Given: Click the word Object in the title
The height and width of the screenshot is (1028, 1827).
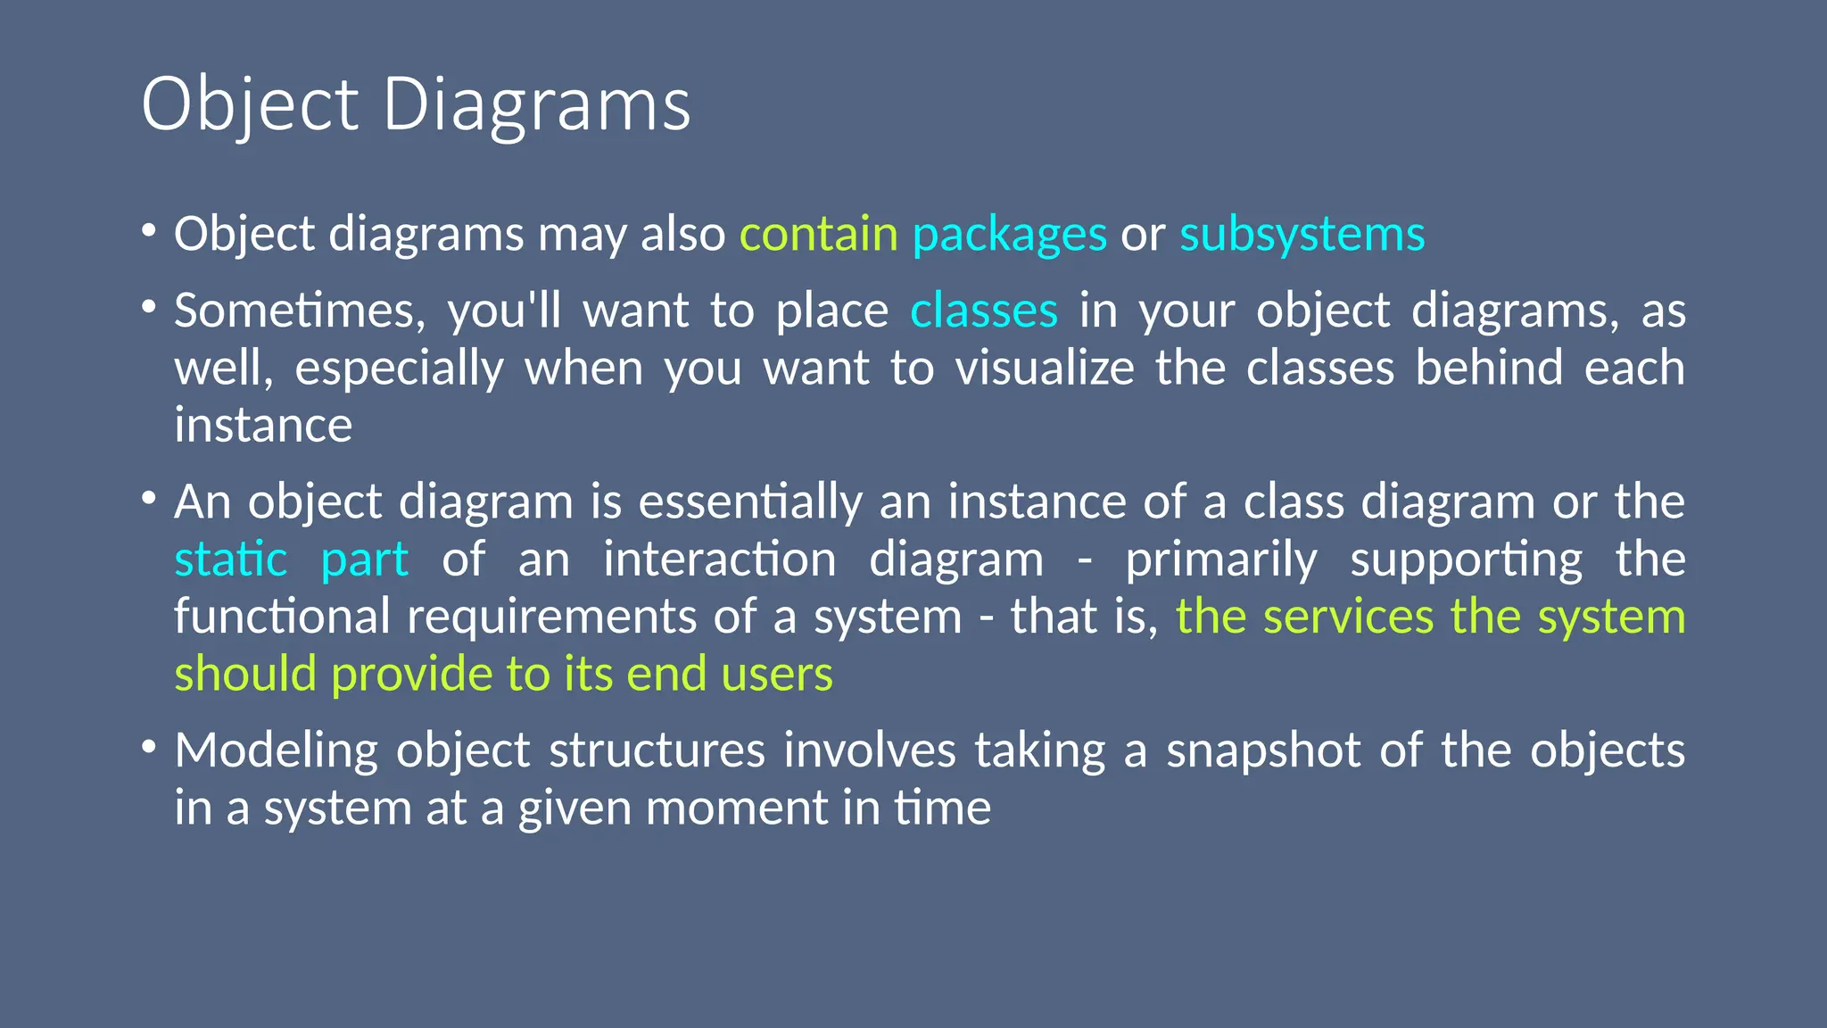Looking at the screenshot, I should (250, 105).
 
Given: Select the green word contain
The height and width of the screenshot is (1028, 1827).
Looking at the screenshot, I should (818, 234).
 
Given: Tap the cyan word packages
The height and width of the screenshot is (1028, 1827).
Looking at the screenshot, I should (1009, 236).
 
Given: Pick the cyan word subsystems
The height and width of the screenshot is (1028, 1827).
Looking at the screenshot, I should (1302, 236).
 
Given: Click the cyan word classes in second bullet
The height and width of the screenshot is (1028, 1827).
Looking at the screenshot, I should (984, 311).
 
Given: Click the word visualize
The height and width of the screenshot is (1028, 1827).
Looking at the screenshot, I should (1045, 368).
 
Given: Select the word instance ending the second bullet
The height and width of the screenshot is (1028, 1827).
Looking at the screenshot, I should (263, 425).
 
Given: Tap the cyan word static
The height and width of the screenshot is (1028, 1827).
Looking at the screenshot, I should (231, 560).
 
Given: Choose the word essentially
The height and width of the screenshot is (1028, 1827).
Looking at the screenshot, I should (750, 502).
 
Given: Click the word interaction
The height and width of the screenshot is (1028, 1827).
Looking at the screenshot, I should (720, 560).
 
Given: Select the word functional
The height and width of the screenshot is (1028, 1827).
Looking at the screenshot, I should (282, 617).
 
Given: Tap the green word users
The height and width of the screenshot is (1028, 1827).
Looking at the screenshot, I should (777, 675).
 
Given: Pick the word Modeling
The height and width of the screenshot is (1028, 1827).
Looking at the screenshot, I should (276, 750).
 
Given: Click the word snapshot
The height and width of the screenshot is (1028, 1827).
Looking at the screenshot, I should (1263, 750).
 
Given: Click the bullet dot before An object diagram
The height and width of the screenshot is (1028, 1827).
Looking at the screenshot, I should (149, 498).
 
